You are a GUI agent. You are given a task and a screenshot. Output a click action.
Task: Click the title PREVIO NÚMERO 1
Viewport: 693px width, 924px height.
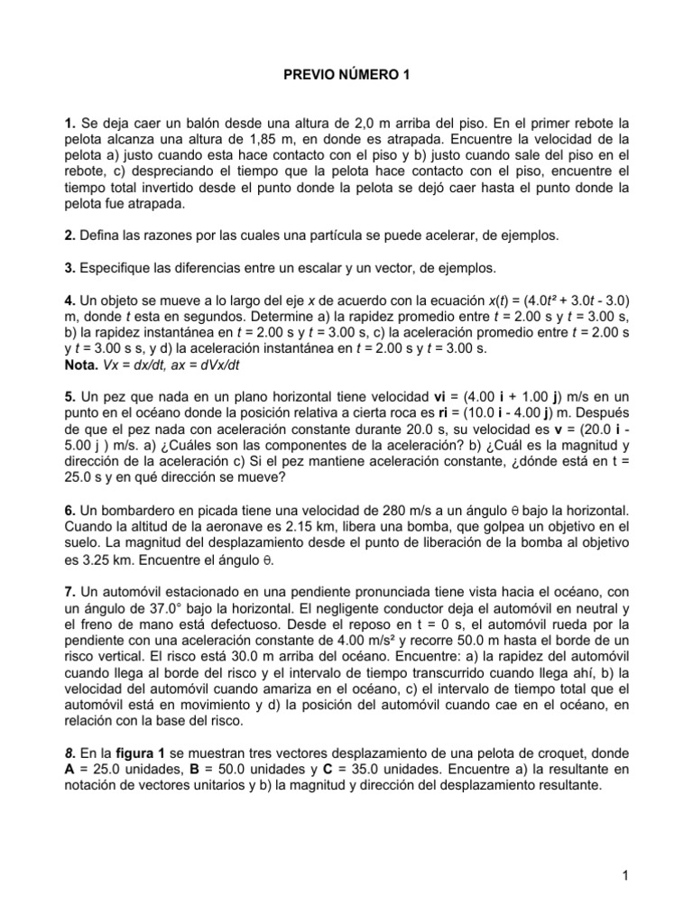click(x=346, y=78)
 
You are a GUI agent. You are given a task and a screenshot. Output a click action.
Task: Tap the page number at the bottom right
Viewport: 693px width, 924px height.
click(x=624, y=873)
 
